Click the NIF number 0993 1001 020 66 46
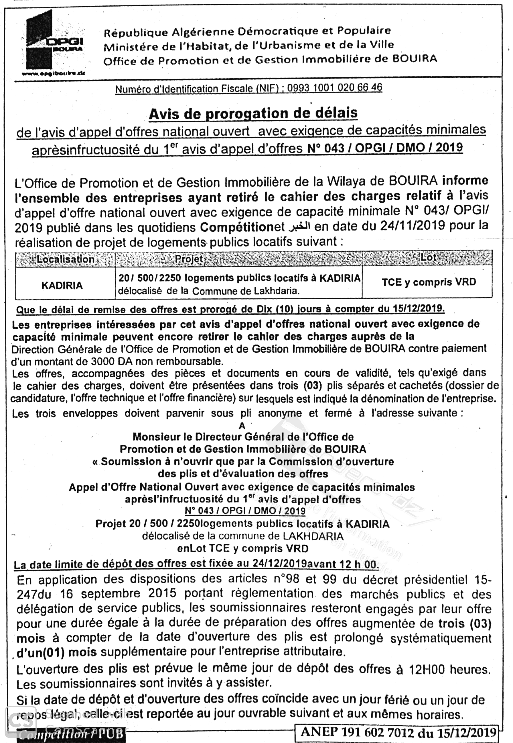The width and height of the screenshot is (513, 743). click(x=334, y=87)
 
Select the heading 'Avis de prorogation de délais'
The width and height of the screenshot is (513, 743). click(x=253, y=114)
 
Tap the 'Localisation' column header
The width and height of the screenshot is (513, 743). click(x=66, y=259)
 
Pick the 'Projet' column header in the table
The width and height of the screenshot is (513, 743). click(x=189, y=259)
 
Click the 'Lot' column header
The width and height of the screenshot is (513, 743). click(x=428, y=257)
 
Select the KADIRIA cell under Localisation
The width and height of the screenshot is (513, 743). click(x=62, y=286)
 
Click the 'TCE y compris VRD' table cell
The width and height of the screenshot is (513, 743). click(x=429, y=282)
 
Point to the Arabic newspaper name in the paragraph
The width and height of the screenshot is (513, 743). click(x=299, y=227)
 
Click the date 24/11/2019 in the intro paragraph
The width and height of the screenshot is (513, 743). click(x=413, y=226)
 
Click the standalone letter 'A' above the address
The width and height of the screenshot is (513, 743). click(x=242, y=426)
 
